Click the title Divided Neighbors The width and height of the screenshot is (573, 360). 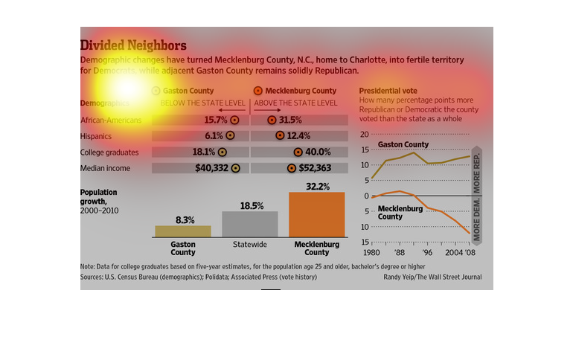point(133,45)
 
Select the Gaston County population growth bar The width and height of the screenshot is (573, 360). point(183,231)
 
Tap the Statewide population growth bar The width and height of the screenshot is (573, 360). point(250,224)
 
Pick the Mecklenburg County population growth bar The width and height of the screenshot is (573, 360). point(316,214)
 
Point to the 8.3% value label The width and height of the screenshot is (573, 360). point(185,220)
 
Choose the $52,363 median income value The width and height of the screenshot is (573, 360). point(315,168)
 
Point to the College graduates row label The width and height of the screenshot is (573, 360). point(109,152)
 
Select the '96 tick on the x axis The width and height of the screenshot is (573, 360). point(428,252)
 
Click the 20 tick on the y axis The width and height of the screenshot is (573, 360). point(365,135)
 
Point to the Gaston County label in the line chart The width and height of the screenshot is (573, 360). point(403,144)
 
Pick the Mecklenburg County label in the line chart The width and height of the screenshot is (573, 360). point(400,213)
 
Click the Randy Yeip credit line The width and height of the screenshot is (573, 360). point(434,277)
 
